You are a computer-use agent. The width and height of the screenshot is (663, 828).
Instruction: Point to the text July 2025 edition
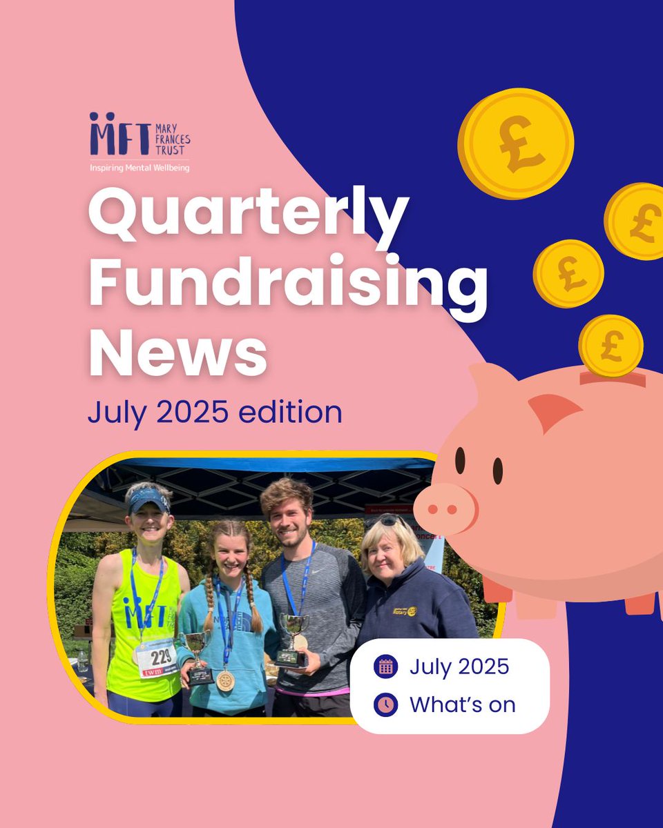(215, 412)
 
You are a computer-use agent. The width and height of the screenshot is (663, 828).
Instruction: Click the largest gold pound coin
(515, 144)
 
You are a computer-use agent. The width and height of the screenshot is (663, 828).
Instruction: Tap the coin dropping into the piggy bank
(611, 346)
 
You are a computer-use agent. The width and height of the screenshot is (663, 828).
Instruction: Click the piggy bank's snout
(445, 508)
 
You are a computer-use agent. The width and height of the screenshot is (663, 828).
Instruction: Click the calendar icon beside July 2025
(385, 667)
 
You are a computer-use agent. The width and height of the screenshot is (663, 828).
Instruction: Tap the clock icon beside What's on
(385, 704)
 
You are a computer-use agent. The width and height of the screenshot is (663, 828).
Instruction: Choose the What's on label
(462, 704)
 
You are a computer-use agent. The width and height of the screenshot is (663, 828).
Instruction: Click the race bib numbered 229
(157, 658)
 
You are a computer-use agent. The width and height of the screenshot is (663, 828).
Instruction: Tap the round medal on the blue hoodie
(225, 680)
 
